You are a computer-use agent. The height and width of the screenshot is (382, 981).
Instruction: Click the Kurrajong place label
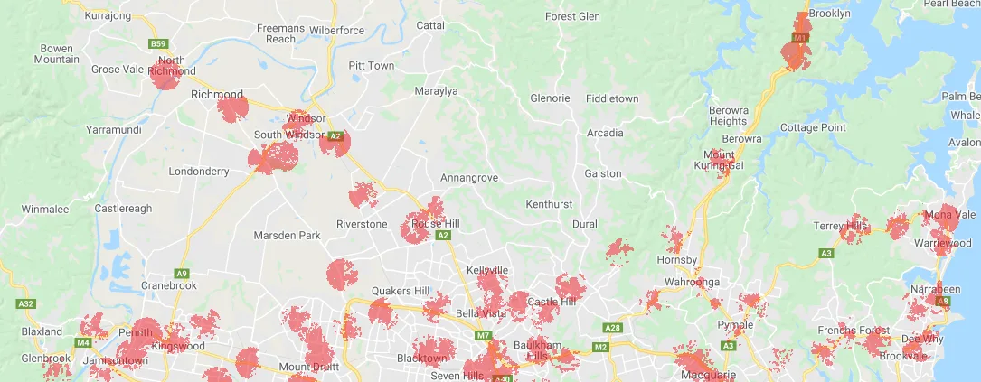108,15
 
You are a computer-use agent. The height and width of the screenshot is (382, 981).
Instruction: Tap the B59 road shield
159,42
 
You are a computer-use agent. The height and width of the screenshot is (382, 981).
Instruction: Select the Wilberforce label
336,31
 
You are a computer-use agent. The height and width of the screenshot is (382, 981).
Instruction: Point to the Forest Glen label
573,16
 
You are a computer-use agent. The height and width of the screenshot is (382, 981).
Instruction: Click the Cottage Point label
813,127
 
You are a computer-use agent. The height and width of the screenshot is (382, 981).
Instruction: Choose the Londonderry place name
199,171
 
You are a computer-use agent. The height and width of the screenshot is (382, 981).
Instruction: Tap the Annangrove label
469,178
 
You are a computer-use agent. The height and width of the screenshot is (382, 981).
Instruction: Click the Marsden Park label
288,236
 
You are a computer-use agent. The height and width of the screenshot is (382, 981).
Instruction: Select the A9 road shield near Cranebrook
182,273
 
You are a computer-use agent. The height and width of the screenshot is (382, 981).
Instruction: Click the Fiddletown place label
612,98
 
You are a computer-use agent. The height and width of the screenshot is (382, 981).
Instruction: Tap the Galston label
603,173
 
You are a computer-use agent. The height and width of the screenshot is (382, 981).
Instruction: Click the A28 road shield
613,328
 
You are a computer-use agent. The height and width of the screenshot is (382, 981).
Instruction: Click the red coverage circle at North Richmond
165,76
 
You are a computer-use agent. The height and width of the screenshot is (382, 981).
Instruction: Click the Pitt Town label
372,66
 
